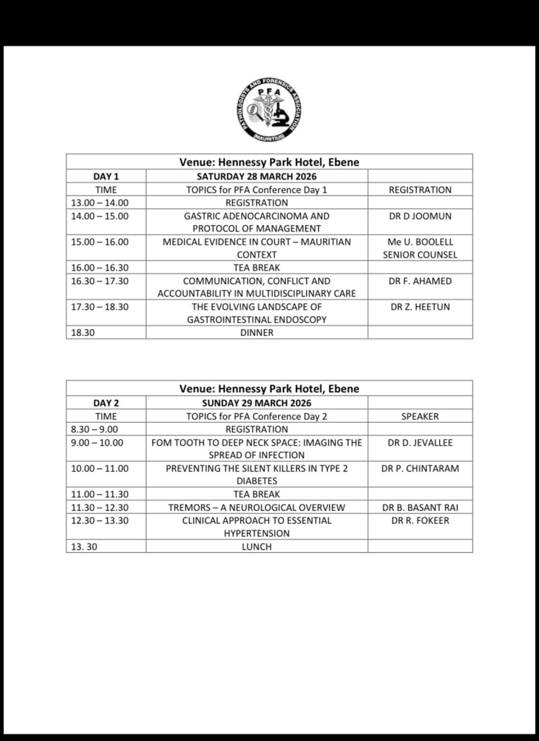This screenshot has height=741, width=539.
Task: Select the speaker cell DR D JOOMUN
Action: coord(420,216)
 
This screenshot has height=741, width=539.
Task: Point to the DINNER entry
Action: coord(257,333)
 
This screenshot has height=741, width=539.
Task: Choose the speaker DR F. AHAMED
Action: coord(420,281)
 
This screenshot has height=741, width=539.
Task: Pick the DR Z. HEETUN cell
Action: coord(420,307)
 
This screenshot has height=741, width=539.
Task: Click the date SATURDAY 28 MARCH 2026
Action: coord(257,176)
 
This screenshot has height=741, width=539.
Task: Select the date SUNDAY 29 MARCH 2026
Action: coord(257,402)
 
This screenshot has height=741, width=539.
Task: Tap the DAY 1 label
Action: coord(106,176)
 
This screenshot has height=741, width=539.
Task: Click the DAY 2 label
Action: coord(106,402)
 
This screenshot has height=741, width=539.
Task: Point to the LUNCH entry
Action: coord(257,546)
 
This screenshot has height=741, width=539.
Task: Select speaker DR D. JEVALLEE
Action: coord(420,442)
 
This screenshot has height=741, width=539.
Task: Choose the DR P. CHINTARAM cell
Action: coord(420,468)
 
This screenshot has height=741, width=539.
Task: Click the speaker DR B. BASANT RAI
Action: coord(420,507)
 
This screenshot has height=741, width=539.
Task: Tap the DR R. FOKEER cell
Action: coord(420,520)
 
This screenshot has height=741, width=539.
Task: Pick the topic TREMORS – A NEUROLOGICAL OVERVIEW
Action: coord(257,507)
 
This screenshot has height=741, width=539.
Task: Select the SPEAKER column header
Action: coord(420,416)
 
